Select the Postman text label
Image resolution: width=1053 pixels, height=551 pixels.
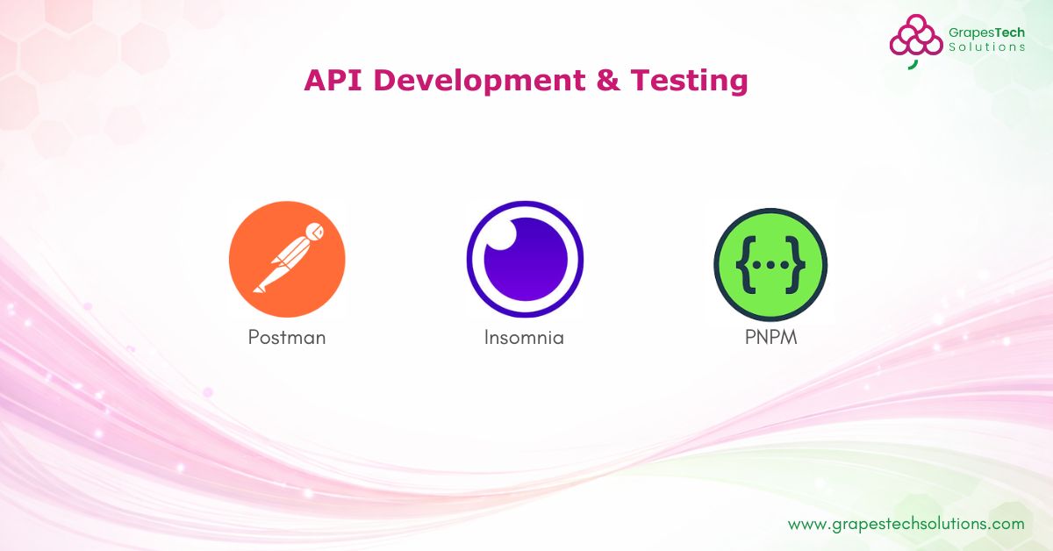(287, 337)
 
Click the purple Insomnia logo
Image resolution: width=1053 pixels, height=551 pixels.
(525, 260)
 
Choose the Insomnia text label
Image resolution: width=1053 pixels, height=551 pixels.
(524, 337)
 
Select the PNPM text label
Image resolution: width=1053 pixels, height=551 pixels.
(770, 337)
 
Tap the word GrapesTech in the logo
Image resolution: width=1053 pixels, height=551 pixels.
(986, 32)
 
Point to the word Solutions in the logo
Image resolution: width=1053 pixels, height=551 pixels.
(986, 47)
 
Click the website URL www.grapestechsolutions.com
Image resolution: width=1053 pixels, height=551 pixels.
(906, 524)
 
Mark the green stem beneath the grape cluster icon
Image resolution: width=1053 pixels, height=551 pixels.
(913, 62)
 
